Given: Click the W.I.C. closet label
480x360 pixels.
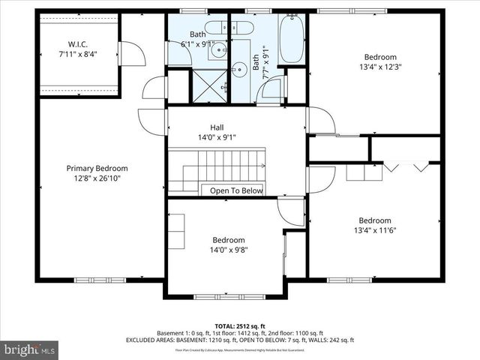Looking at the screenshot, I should (78, 44).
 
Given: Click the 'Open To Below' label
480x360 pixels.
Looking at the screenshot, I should (236, 190).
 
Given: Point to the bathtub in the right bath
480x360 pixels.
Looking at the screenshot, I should (292, 38).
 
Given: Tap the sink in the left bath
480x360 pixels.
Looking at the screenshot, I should (218, 51).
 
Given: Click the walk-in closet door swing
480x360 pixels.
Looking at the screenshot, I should (130, 53).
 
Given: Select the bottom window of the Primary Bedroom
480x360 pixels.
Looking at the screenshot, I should (100, 280).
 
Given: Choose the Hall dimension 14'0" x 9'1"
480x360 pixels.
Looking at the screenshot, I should (217, 137).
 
